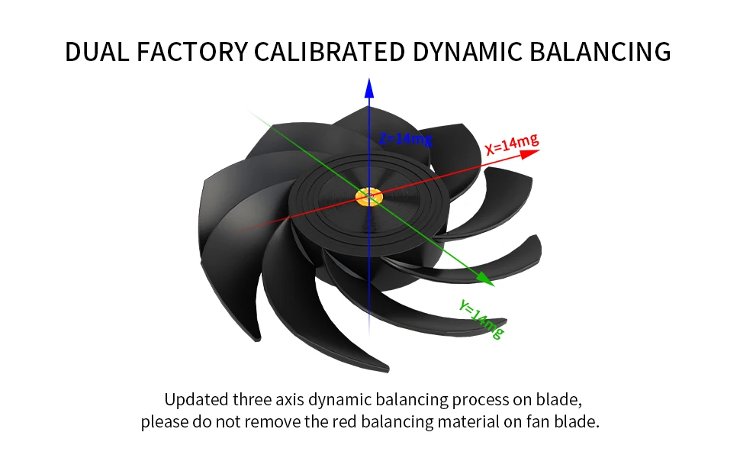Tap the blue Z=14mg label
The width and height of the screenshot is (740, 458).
tap(405, 138)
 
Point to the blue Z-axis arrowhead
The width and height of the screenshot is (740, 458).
tap(369, 86)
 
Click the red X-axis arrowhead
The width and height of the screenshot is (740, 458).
tap(531, 153)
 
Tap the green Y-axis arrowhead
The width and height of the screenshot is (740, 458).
tap(486, 281)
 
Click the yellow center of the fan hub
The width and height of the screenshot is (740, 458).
tap(369, 196)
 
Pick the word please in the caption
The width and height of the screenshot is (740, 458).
tap(163, 422)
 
